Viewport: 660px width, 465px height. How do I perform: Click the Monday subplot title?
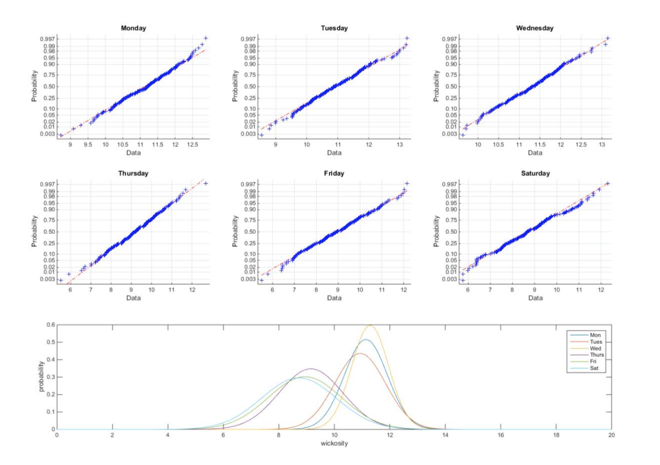(x=133, y=28)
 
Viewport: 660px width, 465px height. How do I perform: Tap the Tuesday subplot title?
(x=334, y=28)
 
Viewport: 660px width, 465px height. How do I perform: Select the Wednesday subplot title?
(x=535, y=28)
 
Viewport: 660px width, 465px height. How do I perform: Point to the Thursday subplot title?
(x=133, y=174)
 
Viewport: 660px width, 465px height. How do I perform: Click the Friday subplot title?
(x=334, y=174)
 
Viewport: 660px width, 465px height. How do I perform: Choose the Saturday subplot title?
(x=535, y=174)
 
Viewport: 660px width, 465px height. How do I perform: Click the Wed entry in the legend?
(x=595, y=349)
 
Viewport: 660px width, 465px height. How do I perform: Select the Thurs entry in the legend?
(x=597, y=355)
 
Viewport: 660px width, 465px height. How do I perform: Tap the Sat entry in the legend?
(x=594, y=368)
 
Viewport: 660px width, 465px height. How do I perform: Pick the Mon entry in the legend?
(x=595, y=335)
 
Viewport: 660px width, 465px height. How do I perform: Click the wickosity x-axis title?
(x=334, y=443)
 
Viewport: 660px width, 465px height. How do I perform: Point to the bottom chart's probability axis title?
(x=41, y=376)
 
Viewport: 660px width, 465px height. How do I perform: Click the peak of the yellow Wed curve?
(x=370, y=325)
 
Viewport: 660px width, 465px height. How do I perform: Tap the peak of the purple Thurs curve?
(x=311, y=369)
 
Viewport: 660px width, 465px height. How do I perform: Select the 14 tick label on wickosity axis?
(x=445, y=435)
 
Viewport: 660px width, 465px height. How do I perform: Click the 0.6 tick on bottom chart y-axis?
(x=50, y=325)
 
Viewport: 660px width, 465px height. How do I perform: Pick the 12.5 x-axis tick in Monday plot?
(x=192, y=145)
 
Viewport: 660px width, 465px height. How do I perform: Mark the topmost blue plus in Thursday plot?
(x=206, y=184)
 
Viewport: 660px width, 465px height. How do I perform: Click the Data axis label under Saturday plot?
(x=535, y=298)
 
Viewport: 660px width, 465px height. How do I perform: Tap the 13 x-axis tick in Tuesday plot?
(x=400, y=145)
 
